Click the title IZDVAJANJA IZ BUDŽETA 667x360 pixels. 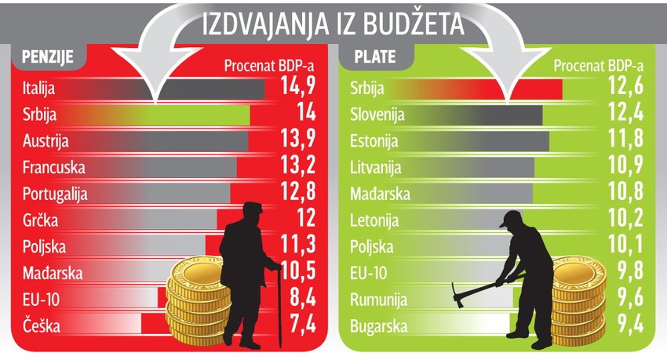coord(333,24)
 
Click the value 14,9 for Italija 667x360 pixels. coord(297,88)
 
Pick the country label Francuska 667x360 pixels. coord(54,167)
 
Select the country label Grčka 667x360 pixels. coord(41,220)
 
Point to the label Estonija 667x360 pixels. coord(374,142)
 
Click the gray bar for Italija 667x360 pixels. coord(196,89)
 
